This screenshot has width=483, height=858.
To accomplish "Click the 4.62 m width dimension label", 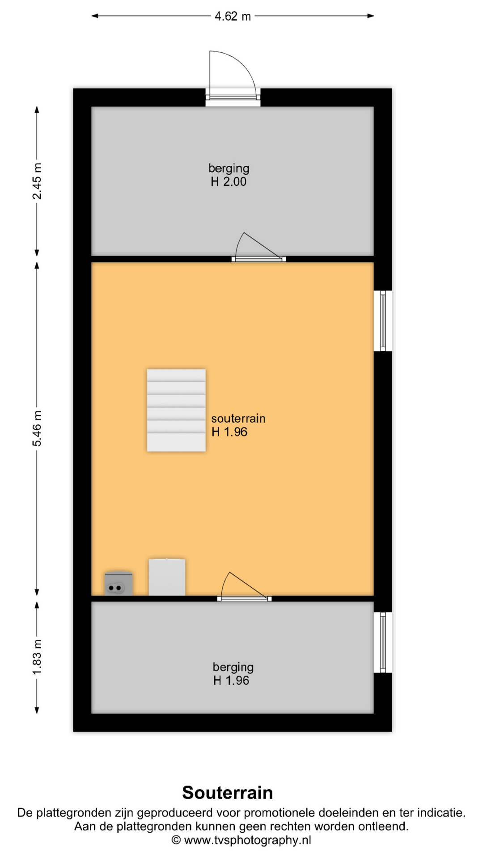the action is (x=233, y=17).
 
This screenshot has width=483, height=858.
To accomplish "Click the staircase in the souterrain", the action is (x=176, y=410).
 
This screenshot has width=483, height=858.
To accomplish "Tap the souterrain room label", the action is (x=238, y=419).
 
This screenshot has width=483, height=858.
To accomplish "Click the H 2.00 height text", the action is (x=229, y=182).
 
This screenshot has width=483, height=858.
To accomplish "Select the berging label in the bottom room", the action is (x=233, y=667).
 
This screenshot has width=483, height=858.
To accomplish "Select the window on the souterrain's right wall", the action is (x=383, y=321).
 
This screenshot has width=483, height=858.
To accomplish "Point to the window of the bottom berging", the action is (x=383, y=642).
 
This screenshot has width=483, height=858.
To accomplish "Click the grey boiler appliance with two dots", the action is (x=119, y=583).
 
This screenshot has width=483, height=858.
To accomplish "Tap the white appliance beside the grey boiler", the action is (x=167, y=577).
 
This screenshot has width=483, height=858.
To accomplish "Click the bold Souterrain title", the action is (x=228, y=793).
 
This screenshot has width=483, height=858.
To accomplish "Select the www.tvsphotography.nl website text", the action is (x=247, y=840).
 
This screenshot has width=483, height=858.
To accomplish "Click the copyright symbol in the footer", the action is (x=176, y=840).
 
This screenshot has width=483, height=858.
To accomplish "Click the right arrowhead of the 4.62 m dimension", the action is (x=371, y=16).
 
